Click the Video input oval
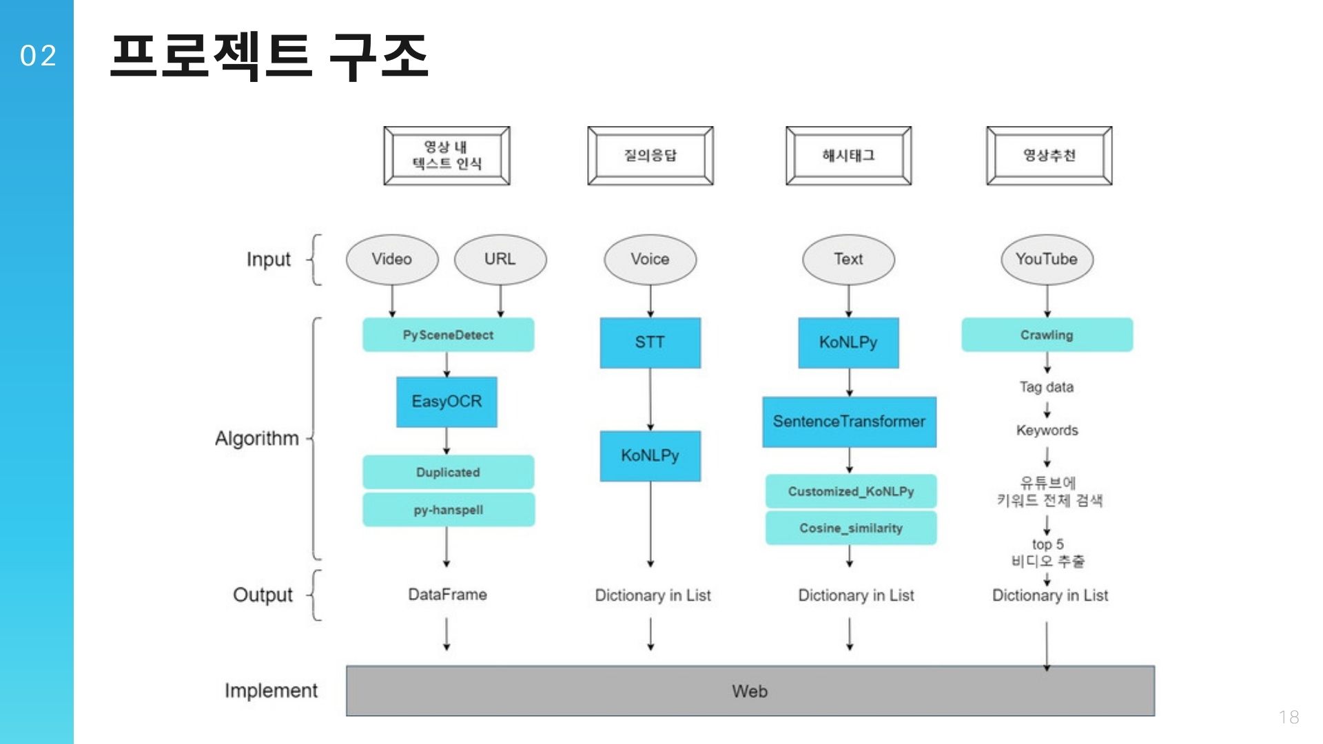click(391, 260)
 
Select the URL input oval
click(500, 260)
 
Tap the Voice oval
click(650, 260)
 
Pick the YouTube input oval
click(1046, 260)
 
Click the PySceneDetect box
click(448, 335)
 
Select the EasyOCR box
click(447, 402)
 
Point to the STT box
click(650, 342)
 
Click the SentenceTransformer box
click(849, 422)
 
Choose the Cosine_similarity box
click(850, 528)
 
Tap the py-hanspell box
click(448, 510)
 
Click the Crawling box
click(1046, 335)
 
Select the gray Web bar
click(750, 691)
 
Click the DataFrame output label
click(447, 595)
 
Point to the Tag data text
click(1046, 387)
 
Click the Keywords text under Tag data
click(1046, 431)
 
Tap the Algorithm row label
click(256, 439)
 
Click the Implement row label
click(271, 691)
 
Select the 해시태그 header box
click(848, 156)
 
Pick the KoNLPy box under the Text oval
click(848, 342)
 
